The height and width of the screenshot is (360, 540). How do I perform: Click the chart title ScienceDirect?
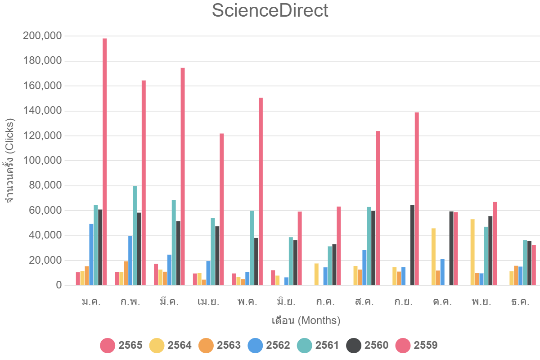[x=270, y=11]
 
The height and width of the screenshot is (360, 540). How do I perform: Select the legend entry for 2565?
[x=121, y=346]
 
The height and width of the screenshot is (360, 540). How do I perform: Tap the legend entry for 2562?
[x=269, y=346]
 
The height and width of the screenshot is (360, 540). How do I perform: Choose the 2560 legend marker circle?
[x=354, y=346]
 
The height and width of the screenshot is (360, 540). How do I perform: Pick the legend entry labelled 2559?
[x=416, y=346]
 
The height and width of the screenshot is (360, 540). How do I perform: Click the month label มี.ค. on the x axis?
[x=169, y=301]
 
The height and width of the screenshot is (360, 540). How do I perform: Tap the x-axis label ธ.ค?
[x=520, y=301]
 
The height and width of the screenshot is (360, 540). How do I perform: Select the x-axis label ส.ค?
[x=364, y=301]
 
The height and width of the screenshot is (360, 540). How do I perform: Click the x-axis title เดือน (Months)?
[x=306, y=321]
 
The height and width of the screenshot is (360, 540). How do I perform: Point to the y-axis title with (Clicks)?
[x=10, y=161]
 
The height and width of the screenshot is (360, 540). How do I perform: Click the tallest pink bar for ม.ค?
[x=104, y=162]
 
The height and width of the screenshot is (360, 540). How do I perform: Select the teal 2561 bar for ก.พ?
[x=135, y=235]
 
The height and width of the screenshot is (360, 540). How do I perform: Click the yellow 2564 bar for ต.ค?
[x=433, y=256]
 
